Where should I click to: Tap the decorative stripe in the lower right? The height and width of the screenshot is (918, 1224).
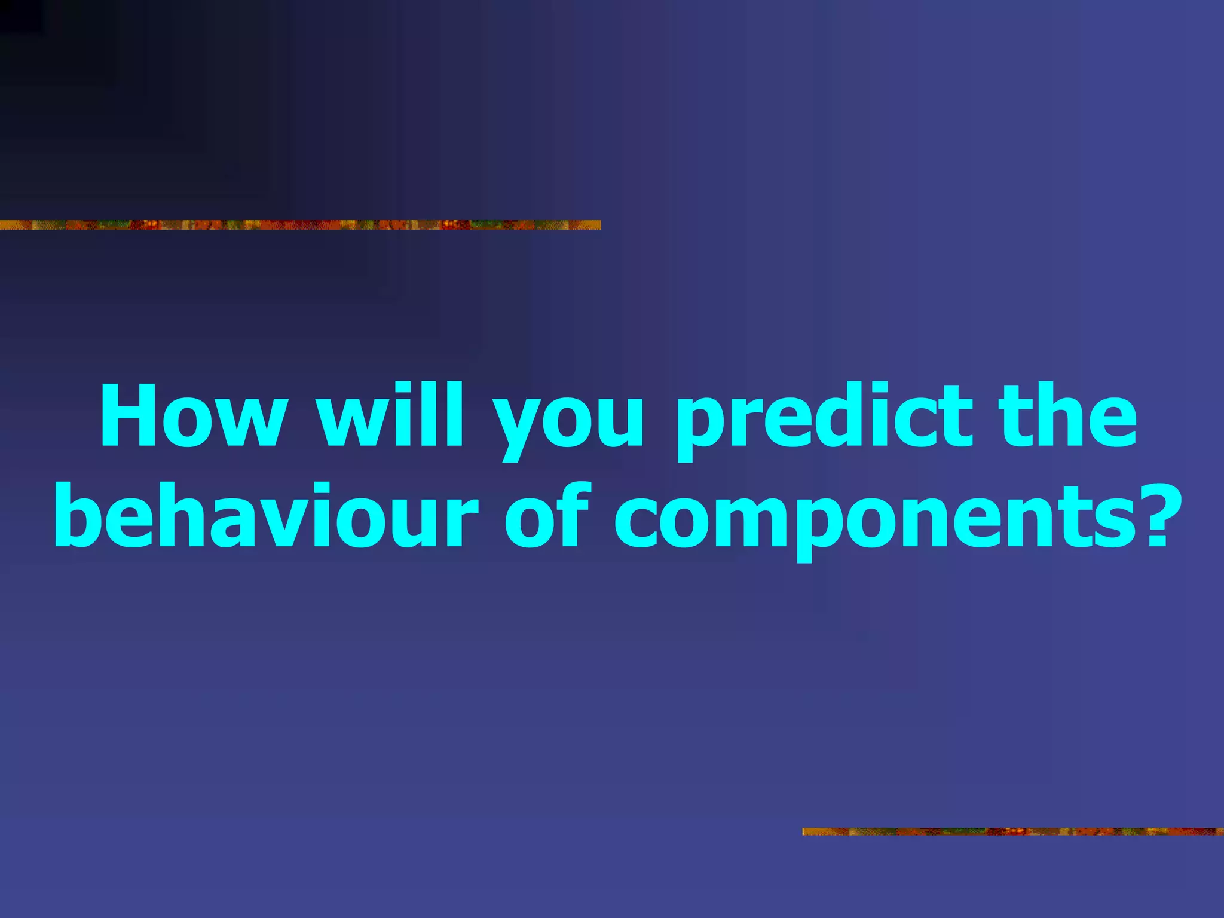click(1012, 831)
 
